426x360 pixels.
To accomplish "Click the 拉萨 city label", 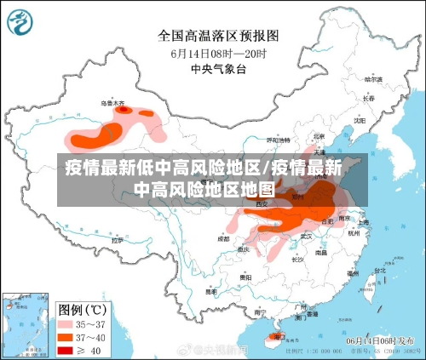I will pyautogui.click(x=118, y=240).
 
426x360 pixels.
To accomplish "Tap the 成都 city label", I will pyautogui.click(x=223, y=239).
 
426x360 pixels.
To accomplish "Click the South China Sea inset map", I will pyautogui.click(x=24, y=324).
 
